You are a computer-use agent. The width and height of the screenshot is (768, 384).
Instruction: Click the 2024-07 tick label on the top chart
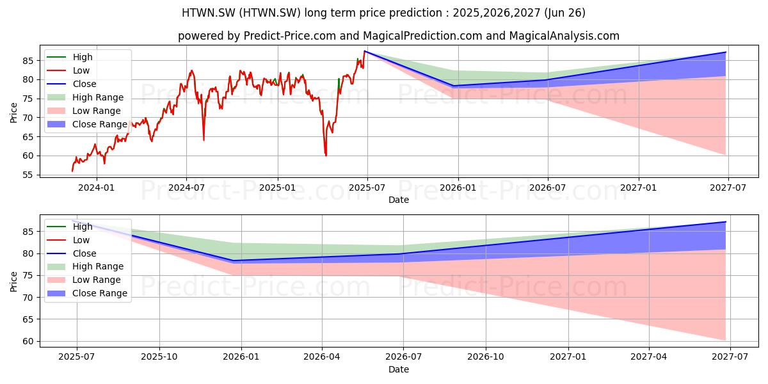186,188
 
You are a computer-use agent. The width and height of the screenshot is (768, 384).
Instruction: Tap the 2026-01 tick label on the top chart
458,188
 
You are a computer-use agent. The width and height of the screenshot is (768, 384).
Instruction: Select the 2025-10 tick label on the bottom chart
159,357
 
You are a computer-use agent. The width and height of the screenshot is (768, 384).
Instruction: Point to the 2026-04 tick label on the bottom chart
322,357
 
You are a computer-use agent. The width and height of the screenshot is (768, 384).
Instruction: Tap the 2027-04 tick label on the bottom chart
649,357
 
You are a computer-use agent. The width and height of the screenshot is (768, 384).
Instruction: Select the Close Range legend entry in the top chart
87,124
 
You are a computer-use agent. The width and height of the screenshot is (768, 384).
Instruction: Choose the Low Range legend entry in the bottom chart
84,280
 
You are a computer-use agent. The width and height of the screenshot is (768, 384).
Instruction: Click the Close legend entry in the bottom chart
72,253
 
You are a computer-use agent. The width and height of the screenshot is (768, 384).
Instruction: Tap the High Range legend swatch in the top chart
56,97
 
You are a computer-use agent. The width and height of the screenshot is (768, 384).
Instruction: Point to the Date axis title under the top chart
399,200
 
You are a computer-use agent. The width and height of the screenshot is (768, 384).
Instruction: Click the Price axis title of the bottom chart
13,282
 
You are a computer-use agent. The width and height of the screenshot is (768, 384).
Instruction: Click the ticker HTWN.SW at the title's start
209,13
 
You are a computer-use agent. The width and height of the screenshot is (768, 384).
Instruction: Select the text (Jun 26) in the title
564,13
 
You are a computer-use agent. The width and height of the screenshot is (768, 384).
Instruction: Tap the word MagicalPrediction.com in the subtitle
422,36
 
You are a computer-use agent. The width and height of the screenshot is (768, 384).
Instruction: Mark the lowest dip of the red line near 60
326,156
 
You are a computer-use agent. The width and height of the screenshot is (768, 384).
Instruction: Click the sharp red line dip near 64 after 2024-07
204,140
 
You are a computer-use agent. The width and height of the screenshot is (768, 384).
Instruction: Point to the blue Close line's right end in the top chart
726,52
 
